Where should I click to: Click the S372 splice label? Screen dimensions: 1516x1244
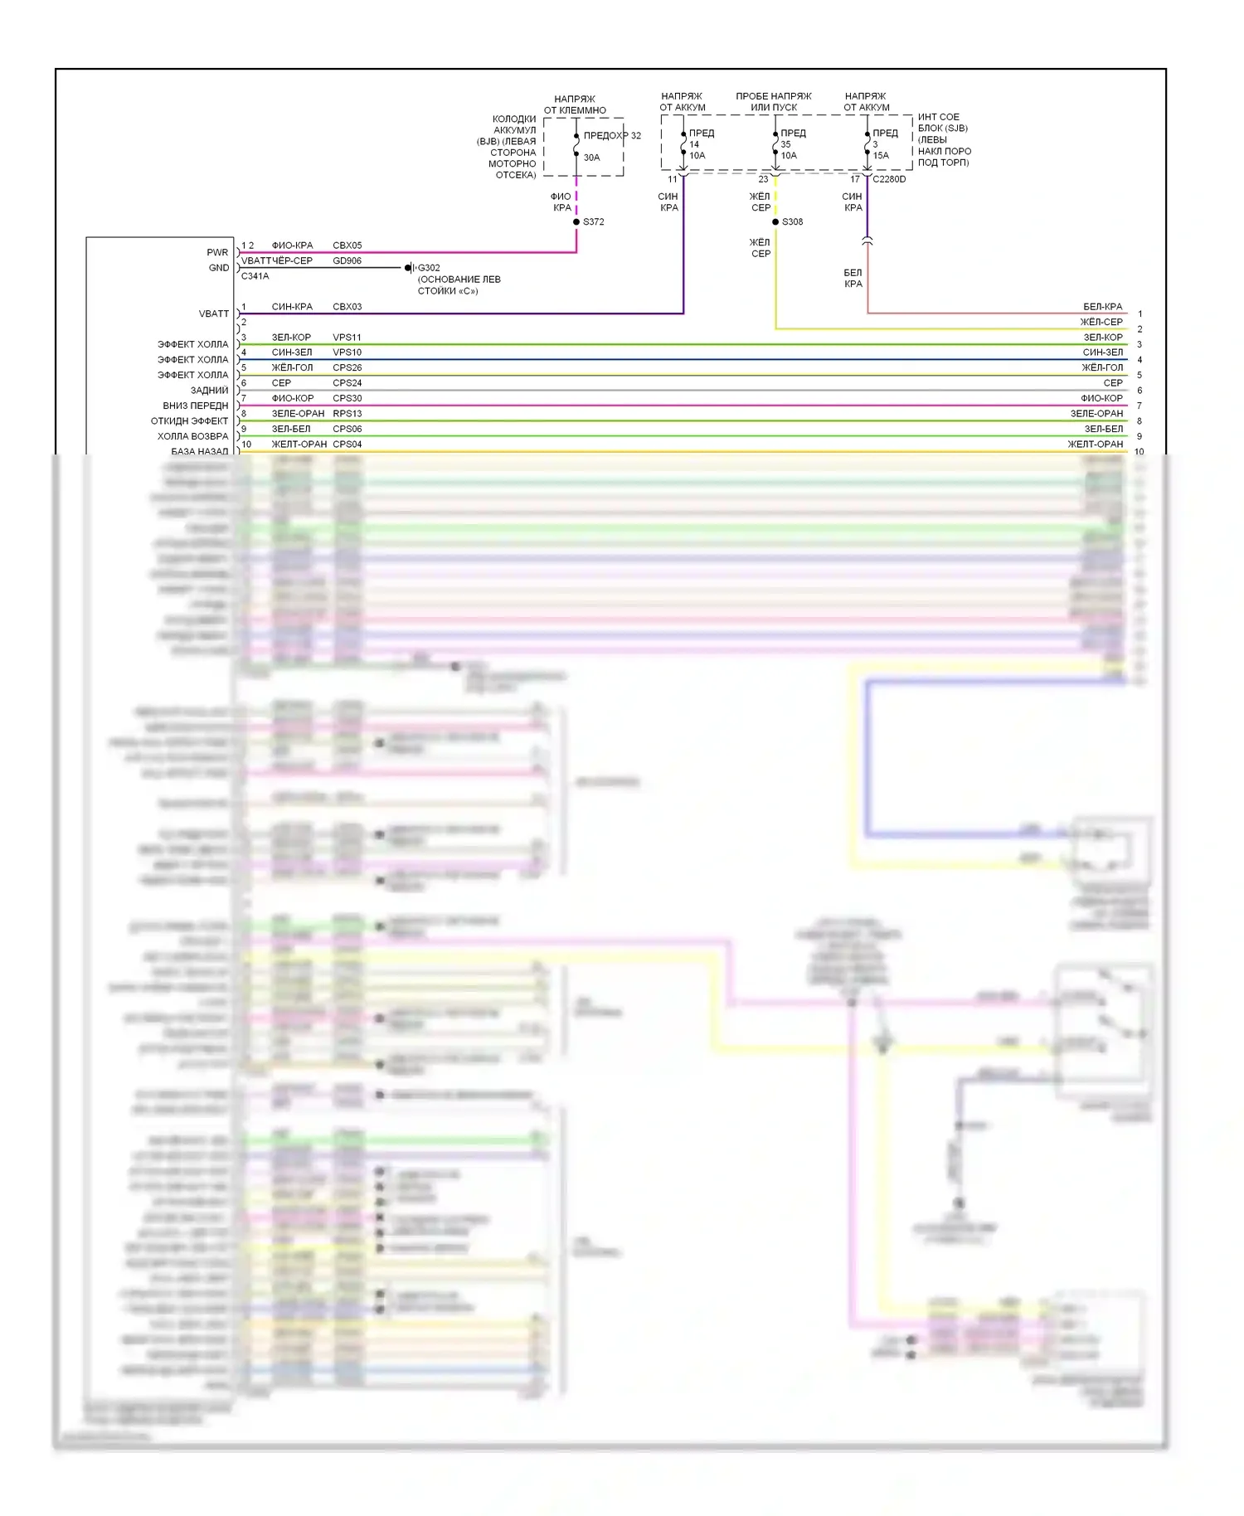coord(593,222)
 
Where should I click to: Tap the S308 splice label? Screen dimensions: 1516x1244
coord(792,222)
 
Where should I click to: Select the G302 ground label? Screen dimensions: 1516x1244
coord(429,268)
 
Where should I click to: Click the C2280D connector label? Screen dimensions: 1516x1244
coord(889,179)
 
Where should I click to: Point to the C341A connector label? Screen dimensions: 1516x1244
coord(255,276)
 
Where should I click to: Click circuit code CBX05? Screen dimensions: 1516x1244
coord(347,245)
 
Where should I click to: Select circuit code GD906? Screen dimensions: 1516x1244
coord(347,260)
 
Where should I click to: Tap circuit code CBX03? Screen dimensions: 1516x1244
coord(347,307)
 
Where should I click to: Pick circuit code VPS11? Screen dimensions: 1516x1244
coord(347,338)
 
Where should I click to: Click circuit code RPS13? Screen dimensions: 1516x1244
coord(347,414)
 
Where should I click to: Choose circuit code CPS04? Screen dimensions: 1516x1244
coord(347,445)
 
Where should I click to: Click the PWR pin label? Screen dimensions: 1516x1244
coord(217,253)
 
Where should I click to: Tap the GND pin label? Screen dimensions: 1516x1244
coord(218,268)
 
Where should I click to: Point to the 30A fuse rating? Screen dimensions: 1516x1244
coord(591,158)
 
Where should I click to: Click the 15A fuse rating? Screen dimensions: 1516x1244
coord(881,156)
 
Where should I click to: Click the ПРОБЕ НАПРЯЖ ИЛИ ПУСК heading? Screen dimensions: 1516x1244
coord(774,102)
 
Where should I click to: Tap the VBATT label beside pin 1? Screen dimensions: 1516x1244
coord(213,314)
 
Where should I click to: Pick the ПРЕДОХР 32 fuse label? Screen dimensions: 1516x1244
coord(612,136)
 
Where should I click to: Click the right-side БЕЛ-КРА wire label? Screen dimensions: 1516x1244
coord(1102,307)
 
